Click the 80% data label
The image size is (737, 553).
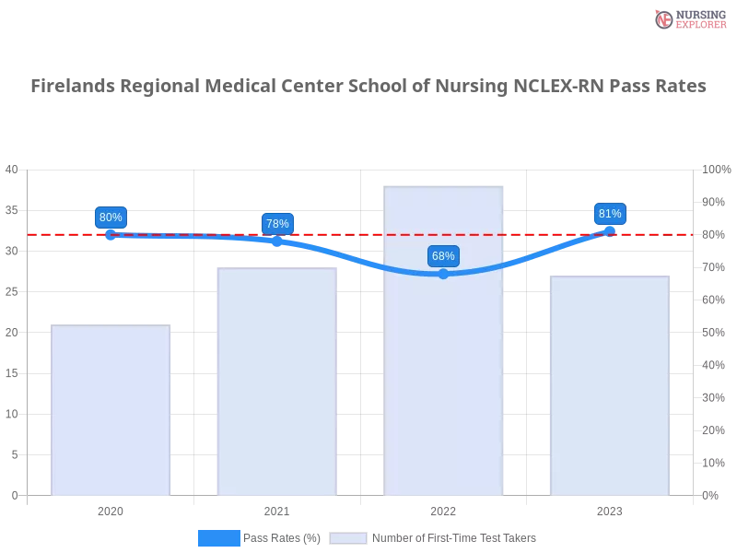pyautogui.click(x=111, y=218)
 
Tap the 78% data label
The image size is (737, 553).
pyautogui.click(x=277, y=223)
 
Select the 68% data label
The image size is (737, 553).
pyautogui.click(x=443, y=255)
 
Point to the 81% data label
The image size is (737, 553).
pyautogui.click(x=610, y=214)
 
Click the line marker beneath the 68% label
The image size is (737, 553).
pyautogui.click(x=443, y=274)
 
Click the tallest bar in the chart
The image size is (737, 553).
pyautogui.click(x=446, y=342)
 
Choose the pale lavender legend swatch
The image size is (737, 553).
pyautogui.click(x=347, y=538)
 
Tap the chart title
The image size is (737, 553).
pyautogui.click(x=368, y=87)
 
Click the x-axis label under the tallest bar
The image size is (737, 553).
pyautogui.click(x=443, y=509)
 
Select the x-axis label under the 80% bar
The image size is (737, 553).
pyautogui.click(x=111, y=509)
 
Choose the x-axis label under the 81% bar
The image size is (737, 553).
pyautogui.click(x=610, y=509)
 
